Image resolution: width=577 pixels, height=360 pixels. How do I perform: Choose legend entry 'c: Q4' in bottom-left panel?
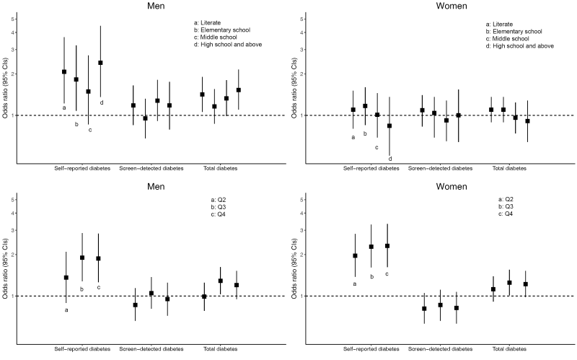216,215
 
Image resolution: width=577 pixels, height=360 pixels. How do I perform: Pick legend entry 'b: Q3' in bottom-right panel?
506,206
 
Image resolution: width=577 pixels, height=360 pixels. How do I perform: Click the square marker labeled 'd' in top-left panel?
100,63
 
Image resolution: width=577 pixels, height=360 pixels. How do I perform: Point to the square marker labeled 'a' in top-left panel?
64,71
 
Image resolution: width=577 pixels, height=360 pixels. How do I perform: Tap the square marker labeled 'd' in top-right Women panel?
389,126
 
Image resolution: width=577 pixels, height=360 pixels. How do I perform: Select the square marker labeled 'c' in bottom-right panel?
387,246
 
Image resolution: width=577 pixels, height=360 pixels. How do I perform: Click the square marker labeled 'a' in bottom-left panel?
66,278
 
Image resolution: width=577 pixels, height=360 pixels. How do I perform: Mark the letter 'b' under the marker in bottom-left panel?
82,289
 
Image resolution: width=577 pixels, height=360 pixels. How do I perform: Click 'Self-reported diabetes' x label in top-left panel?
83,167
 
